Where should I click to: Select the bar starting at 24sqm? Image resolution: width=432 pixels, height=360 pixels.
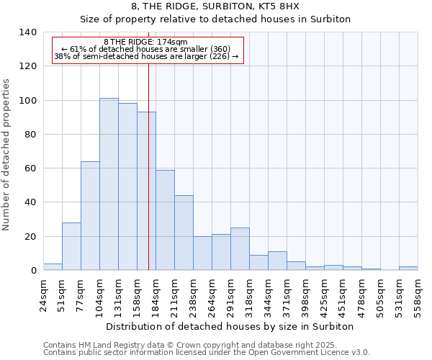pyautogui.click(x=53, y=267)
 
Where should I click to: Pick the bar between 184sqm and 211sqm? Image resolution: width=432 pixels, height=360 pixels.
pyautogui.click(x=165, y=220)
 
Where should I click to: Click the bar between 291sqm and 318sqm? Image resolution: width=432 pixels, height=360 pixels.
pyautogui.click(x=240, y=249)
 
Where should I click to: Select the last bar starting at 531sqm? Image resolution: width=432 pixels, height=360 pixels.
pyautogui.click(x=408, y=269)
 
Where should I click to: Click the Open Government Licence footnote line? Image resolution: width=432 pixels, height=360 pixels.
pyautogui.click(x=207, y=353)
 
